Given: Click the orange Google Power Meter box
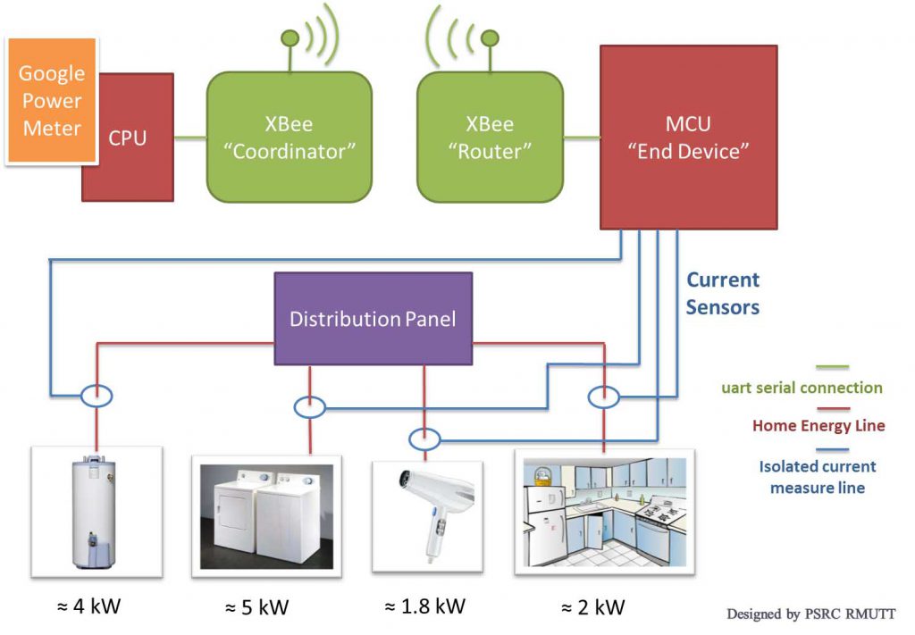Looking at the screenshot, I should click(51, 101).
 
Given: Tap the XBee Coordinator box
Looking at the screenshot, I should click(289, 137).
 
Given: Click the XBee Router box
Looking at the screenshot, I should click(490, 137).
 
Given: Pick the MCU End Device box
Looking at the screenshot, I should click(675, 137).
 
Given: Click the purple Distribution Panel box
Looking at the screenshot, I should click(373, 319).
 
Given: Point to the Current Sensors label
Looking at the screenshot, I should click(723, 294).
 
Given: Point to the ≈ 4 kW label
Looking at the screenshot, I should click(88, 606).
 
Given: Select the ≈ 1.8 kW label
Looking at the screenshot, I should click(424, 606).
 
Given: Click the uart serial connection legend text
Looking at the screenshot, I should click(802, 389).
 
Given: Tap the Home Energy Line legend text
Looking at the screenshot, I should click(818, 426).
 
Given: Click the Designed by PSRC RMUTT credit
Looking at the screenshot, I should click(810, 614).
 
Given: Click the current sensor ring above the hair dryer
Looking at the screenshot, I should click(424, 439).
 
